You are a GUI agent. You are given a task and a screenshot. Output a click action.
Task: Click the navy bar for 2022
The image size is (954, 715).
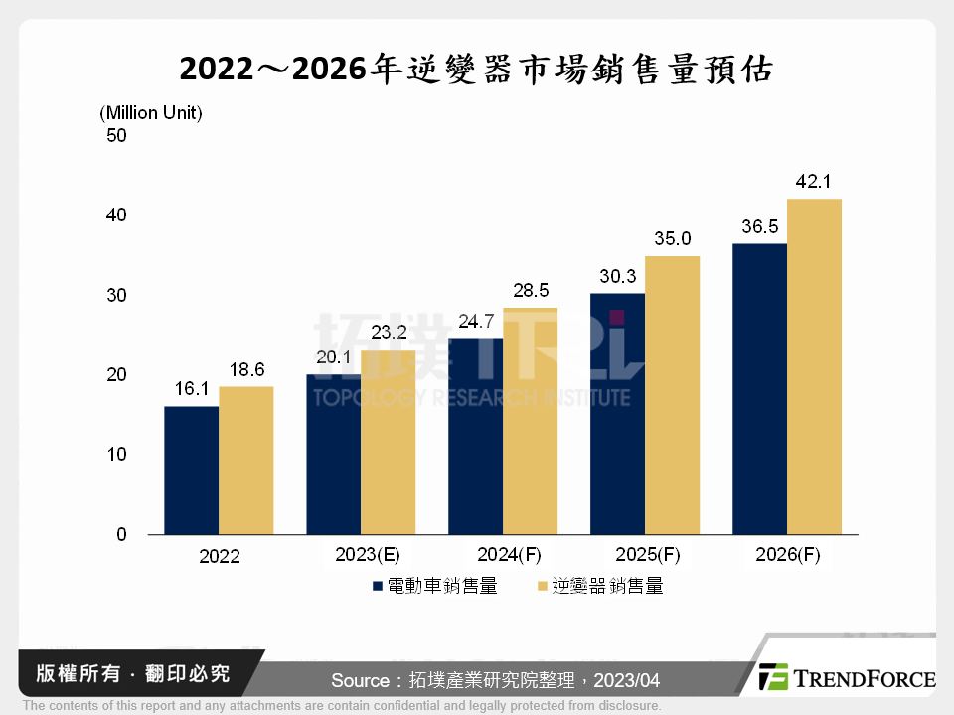tap(191, 471)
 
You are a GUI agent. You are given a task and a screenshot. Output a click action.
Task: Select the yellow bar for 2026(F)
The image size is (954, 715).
tap(814, 366)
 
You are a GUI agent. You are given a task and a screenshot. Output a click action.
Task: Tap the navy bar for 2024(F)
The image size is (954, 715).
tap(475, 436)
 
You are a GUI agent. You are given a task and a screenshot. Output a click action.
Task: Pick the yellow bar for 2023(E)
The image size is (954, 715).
tap(389, 442)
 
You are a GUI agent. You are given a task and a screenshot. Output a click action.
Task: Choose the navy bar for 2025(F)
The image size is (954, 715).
tap(617, 414)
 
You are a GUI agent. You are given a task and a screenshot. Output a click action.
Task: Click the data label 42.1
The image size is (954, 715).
tap(814, 182)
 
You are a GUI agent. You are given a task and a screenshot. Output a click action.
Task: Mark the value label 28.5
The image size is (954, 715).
tap(531, 290)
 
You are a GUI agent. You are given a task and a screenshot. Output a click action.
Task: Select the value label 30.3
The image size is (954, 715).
tap(617, 276)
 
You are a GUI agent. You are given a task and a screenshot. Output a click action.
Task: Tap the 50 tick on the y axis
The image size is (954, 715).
tap(116, 136)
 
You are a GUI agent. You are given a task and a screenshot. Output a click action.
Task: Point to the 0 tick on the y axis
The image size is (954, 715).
tap(121, 535)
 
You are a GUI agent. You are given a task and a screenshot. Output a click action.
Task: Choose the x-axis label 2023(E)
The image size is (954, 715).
tap(362, 555)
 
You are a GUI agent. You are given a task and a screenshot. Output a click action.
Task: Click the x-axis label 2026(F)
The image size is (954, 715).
tap(786, 555)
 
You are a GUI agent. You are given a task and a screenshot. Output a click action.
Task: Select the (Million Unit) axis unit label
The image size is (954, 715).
tap(151, 113)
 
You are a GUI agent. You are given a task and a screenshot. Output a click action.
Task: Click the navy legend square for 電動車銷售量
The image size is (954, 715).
tap(378, 587)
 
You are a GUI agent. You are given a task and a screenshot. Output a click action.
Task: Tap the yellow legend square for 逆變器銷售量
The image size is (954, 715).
tap(542, 587)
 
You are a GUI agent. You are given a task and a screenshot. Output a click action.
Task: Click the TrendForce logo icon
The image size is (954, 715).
tap(773, 677)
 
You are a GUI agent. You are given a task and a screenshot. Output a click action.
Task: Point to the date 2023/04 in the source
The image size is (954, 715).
tap(624, 680)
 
